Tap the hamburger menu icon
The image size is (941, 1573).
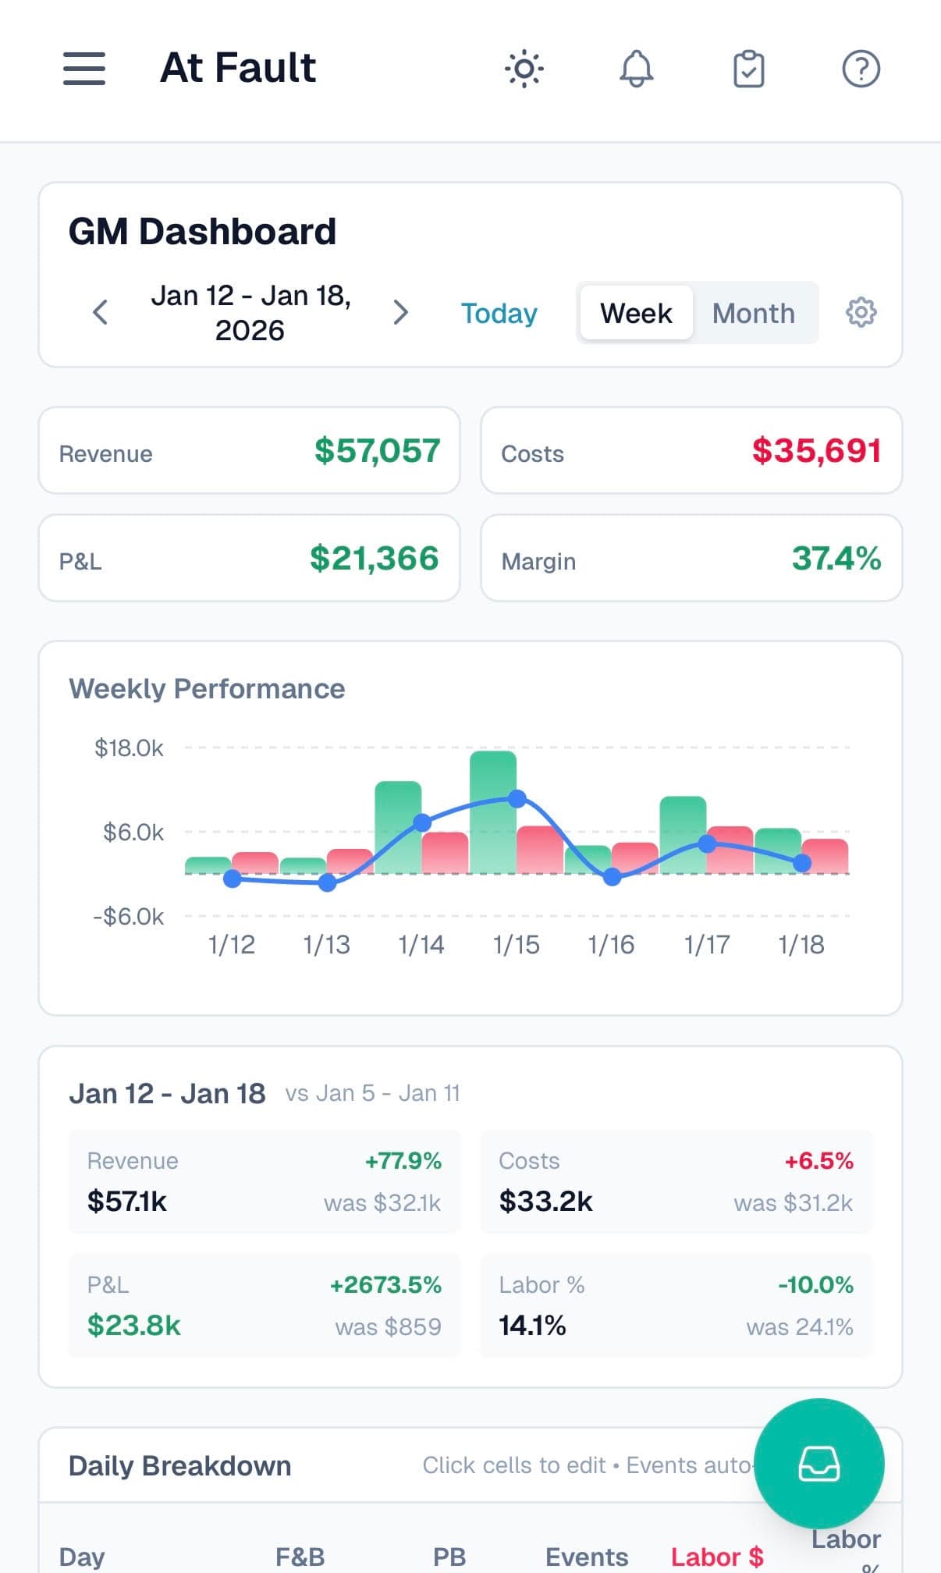(x=84, y=69)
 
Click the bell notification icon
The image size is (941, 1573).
(x=636, y=69)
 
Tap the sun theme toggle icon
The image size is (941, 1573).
(x=524, y=69)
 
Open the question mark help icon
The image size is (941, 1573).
(x=861, y=69)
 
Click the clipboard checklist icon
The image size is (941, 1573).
(x=748, y=69)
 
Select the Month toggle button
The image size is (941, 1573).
(x=753, y=313)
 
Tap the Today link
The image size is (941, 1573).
(x=499, y=313)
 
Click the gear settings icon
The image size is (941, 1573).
(x=861, y=312)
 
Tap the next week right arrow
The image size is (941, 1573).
(x=400, y=312)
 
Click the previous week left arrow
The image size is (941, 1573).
(x=100, y=312)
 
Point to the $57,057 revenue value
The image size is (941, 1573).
(x=377, y=450)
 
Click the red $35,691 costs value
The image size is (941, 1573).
(x=816, y=450)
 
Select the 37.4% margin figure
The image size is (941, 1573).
(x=836, y=558)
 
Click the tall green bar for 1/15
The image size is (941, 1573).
(x=492, y=811)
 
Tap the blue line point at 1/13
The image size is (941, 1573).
(x=327, y=882)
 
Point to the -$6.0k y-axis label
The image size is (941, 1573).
(x=129, y=916)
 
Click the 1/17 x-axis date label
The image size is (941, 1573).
(x=706, y=945)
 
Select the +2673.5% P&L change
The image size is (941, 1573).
(x=385, y=1284)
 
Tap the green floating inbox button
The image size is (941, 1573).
(x=818, y=1463)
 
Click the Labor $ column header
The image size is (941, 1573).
(x=716, y=1557)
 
